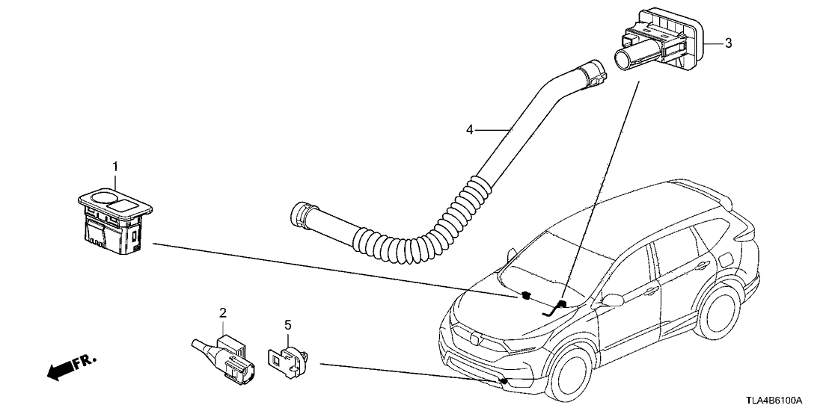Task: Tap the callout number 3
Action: pyautogui.click(x=728, y=43)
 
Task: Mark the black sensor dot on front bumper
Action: pyautogui.click(x=504, y=381)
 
